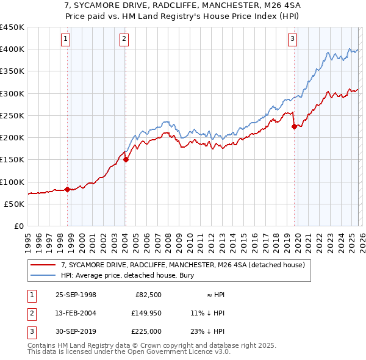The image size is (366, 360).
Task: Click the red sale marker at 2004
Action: [x=126, y=160]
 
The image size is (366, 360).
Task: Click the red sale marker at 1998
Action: [x=68, y=189]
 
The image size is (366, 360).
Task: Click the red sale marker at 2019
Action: [x=295, y=127]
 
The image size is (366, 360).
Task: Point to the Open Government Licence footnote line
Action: [x=129, y=351]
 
